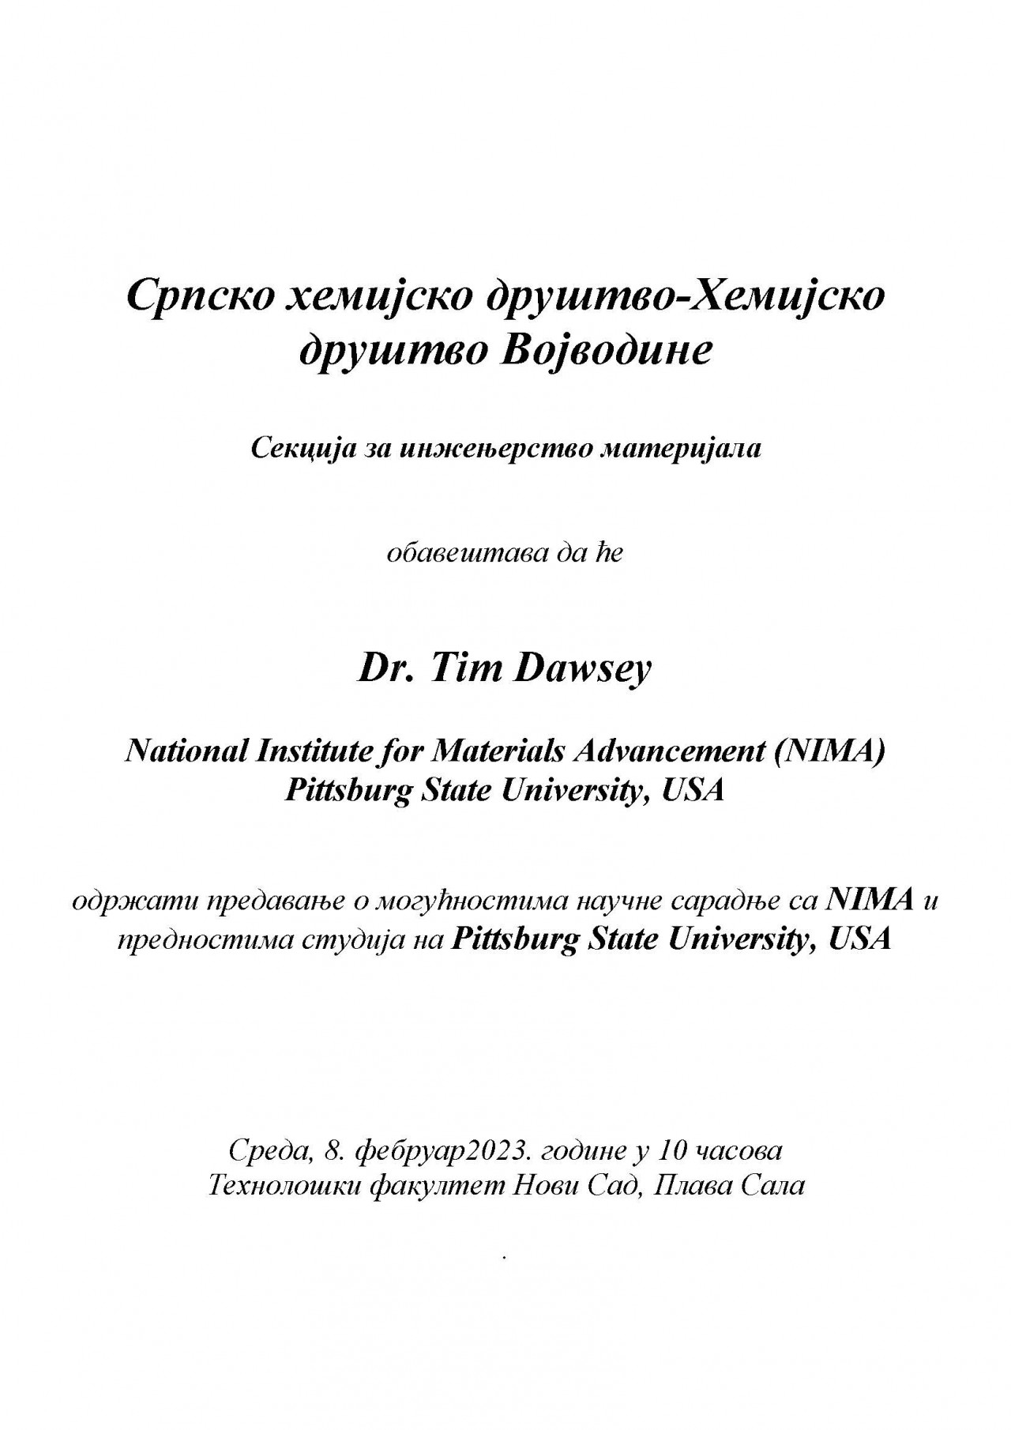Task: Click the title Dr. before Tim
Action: coord(383,669)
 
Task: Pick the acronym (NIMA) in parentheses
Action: coord(829,751)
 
